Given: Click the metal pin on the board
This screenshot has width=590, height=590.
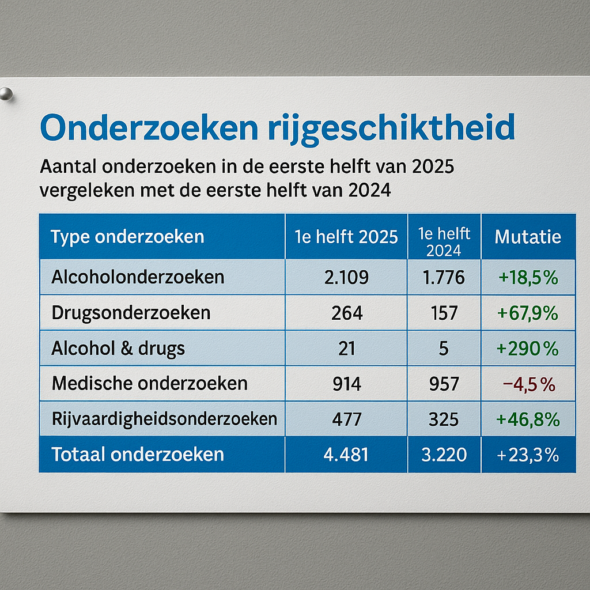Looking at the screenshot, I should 6,94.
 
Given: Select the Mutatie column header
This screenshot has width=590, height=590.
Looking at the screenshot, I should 528,237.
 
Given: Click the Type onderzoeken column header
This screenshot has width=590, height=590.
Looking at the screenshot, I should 127,237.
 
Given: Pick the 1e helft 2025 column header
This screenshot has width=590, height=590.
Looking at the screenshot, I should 346,237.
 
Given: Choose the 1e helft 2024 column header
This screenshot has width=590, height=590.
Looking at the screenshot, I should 444,241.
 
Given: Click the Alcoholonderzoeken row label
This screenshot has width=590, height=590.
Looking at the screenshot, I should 138,277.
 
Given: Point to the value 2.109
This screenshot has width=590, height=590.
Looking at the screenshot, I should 346,277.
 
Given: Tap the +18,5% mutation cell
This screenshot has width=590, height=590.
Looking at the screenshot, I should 528,277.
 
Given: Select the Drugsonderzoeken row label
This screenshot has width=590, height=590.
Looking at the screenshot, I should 131,313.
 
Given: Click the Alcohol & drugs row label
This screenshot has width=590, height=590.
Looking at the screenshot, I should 118,349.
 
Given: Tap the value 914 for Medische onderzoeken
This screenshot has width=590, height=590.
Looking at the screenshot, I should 347,384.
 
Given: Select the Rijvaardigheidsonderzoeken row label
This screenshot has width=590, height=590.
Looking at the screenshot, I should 164,419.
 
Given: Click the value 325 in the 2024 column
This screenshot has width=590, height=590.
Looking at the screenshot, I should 444,419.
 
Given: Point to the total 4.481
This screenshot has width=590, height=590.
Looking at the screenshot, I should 346,455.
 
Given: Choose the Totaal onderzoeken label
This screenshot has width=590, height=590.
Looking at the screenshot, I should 138,455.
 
